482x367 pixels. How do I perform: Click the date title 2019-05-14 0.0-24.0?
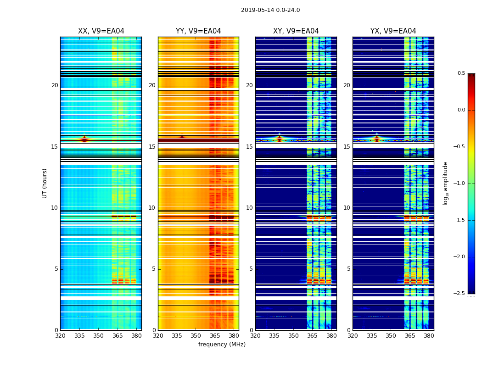click(270, 10)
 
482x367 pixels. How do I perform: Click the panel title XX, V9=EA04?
click(101, 31)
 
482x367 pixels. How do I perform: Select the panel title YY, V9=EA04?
click(198, 31)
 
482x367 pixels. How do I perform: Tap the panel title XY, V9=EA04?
click(296, 31)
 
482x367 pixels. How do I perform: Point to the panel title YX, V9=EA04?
click(393, 31)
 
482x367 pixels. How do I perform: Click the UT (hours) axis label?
click(45, 183)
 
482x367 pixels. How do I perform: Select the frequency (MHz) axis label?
click(222, 345)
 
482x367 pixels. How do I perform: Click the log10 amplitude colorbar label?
click(445, 183)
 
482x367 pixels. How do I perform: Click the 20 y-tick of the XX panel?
click(55, 85)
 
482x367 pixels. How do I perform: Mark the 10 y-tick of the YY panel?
click(152, 208)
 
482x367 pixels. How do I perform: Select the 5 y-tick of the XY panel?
click(251, 269)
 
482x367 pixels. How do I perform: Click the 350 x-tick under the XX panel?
click(98, 336)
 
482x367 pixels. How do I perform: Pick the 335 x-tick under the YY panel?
click(177, 336)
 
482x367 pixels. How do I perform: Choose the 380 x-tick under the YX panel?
click(429, 336)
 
